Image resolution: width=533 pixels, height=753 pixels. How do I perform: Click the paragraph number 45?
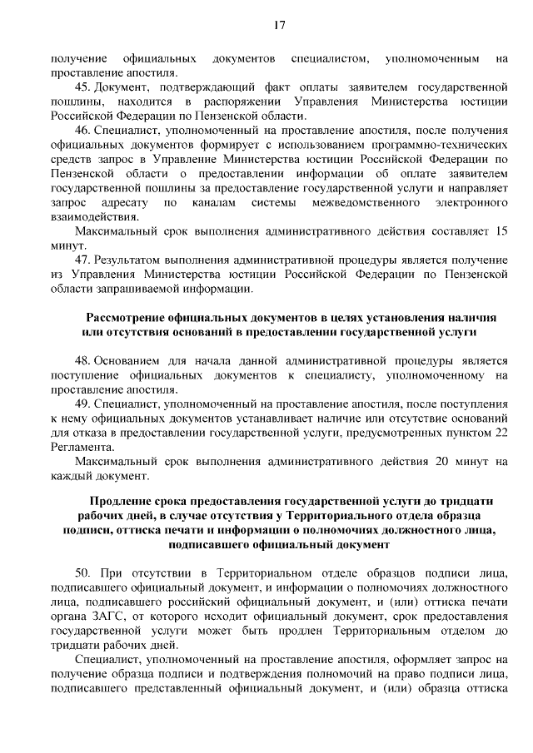point(81,87)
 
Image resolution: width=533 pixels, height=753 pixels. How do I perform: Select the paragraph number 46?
point(81,131)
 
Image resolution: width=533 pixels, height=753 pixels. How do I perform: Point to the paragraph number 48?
point(81,360)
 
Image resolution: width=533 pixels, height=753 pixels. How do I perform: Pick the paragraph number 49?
point(81,404)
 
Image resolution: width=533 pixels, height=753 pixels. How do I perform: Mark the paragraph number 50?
point(81,573)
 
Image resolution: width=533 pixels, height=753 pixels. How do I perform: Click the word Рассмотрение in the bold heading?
point(130,317)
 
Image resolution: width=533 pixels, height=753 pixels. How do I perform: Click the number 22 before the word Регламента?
point(500,433)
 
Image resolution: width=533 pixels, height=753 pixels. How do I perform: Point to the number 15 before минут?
point(500,231)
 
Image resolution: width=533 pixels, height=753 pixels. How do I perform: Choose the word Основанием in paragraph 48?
point(128,360)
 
